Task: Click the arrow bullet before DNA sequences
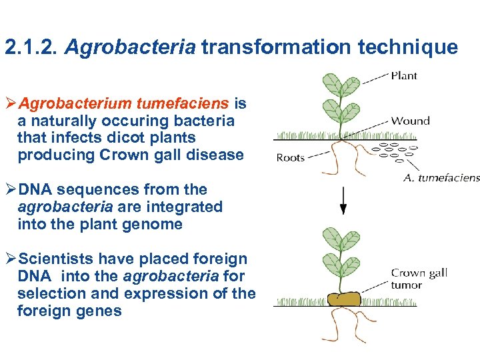[10, 190]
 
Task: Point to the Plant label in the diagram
[404, 75]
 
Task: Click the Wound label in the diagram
[410, 121]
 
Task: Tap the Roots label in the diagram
[290, 158]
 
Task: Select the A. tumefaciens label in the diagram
[441, 178]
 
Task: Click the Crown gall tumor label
[419, 279]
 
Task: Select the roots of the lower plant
[344, 327]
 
